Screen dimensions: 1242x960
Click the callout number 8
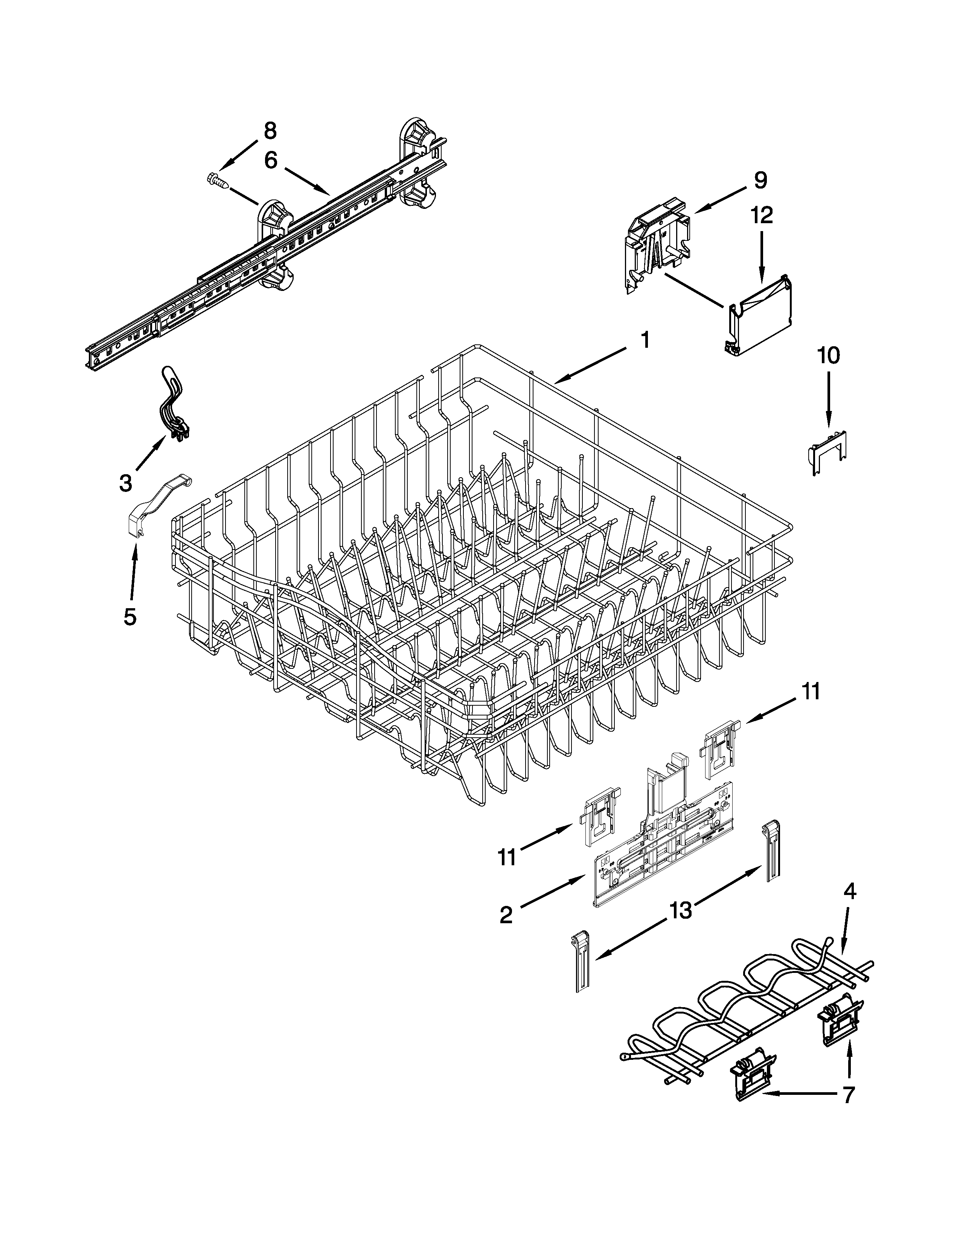click(x=270, y=131)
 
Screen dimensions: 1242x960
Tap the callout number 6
click(x=271, y=161)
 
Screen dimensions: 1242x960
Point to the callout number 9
click(x=760, y=180)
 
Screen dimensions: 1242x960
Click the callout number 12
click(x=762, y=216)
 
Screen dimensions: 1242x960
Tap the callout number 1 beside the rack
click(x=645, y=340)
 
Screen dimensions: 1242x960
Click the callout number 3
click(x=126, y=483)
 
